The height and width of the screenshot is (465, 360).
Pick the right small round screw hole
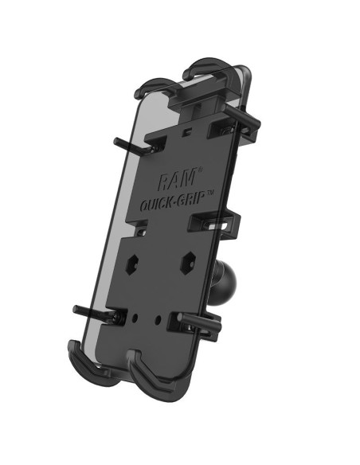click(165, 319)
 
